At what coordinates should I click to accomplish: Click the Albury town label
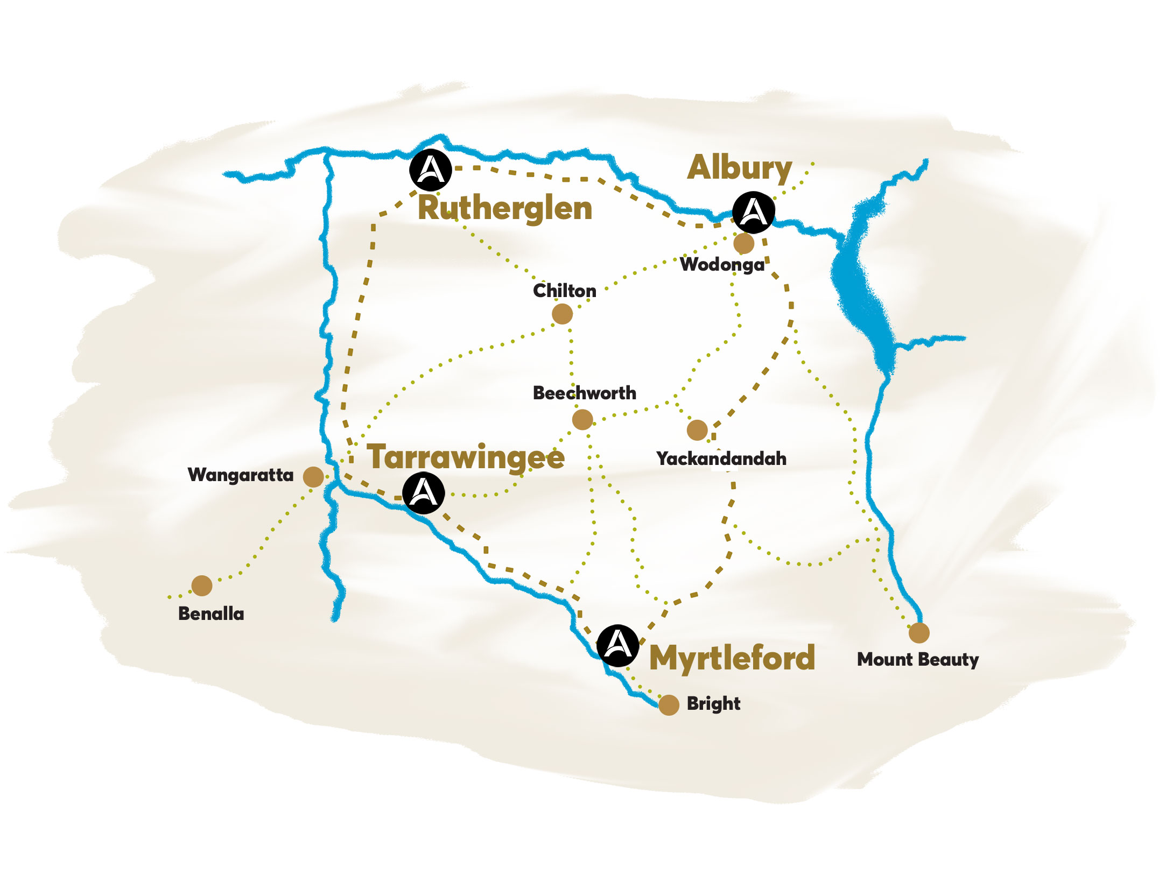coord(739,168)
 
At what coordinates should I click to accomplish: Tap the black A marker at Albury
coord(754,212)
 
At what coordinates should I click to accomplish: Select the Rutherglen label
coord(504,208)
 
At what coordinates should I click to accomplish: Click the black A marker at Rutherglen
coord(430,170)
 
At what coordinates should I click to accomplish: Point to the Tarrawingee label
coord(466,457)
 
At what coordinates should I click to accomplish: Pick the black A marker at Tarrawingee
coord(424,493)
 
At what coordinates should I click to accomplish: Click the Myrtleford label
coord(732,658)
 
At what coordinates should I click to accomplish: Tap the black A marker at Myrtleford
coord(618,645)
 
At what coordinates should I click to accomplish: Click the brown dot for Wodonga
coord(744,243)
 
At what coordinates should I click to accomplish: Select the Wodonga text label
coord(722,265)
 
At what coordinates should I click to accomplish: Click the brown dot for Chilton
coord(562,314)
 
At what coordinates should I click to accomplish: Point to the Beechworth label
coord(584,393)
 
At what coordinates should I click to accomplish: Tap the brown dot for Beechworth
coord(582,419)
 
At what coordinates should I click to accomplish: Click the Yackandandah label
coord(721,458)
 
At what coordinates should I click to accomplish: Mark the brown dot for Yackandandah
coord(697,430)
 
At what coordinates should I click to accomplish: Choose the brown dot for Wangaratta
coord(313,476)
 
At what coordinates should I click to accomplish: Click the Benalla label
coord(211,613)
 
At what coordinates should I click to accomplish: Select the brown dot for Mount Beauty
coord(919,633)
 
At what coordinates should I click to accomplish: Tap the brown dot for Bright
coord(669,705)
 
